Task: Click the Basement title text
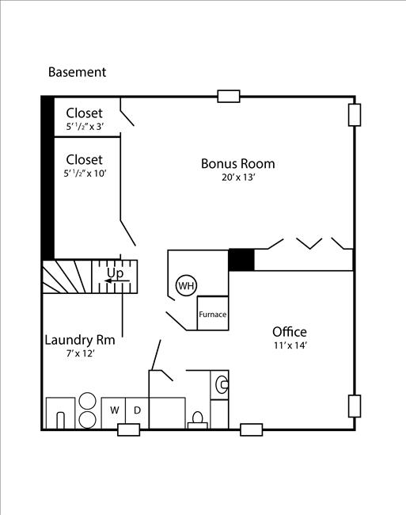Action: tap(77, 72)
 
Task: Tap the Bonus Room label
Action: tap(237, 164)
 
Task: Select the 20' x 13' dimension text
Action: tap(237, 178)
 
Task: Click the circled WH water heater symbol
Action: tap(185, 286)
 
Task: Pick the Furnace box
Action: tap(212, 315)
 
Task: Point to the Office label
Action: tap(289, 332)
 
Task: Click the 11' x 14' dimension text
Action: tap(289, 346)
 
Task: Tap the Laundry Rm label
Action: tap(80, 340)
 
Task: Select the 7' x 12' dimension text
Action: tap(79, 353)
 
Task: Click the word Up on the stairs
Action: tap(115, 273)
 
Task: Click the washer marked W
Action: tap(114, 410)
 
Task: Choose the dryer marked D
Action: tap(136, 410)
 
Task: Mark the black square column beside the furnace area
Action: tap(241, 260)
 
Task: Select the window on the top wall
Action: tap(229, 97)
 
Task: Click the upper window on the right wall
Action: tap(354, 115)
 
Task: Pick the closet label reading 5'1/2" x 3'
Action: tap(84, 127)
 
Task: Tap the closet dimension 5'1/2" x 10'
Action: tap(85, 174)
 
